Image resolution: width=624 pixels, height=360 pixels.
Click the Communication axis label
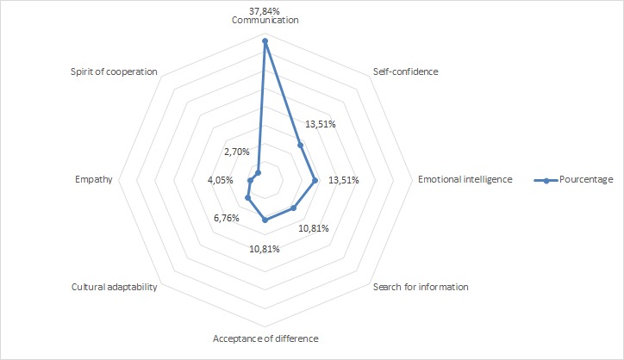coord(265,20)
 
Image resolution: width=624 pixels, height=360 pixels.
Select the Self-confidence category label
coord(405,71)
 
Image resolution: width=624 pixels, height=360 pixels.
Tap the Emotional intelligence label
coord(465,179)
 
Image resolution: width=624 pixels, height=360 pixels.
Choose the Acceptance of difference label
coord(265,338)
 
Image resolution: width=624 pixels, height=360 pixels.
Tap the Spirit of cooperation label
coord(114,71)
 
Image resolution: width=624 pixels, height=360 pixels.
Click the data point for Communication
coord(265,40)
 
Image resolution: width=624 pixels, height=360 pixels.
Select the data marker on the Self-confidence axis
coord(300,145)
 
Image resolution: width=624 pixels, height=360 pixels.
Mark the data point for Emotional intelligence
coord(315,180)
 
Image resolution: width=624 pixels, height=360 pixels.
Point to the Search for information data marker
coord(293,208)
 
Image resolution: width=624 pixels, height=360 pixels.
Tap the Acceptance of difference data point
coord(265,220)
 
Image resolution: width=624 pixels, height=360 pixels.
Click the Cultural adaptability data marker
coord(247,197)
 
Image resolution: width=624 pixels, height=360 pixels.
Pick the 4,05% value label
coord(222,180)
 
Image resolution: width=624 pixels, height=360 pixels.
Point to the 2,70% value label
coord(235,152)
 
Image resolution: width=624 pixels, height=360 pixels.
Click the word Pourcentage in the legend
coord(586,179)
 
